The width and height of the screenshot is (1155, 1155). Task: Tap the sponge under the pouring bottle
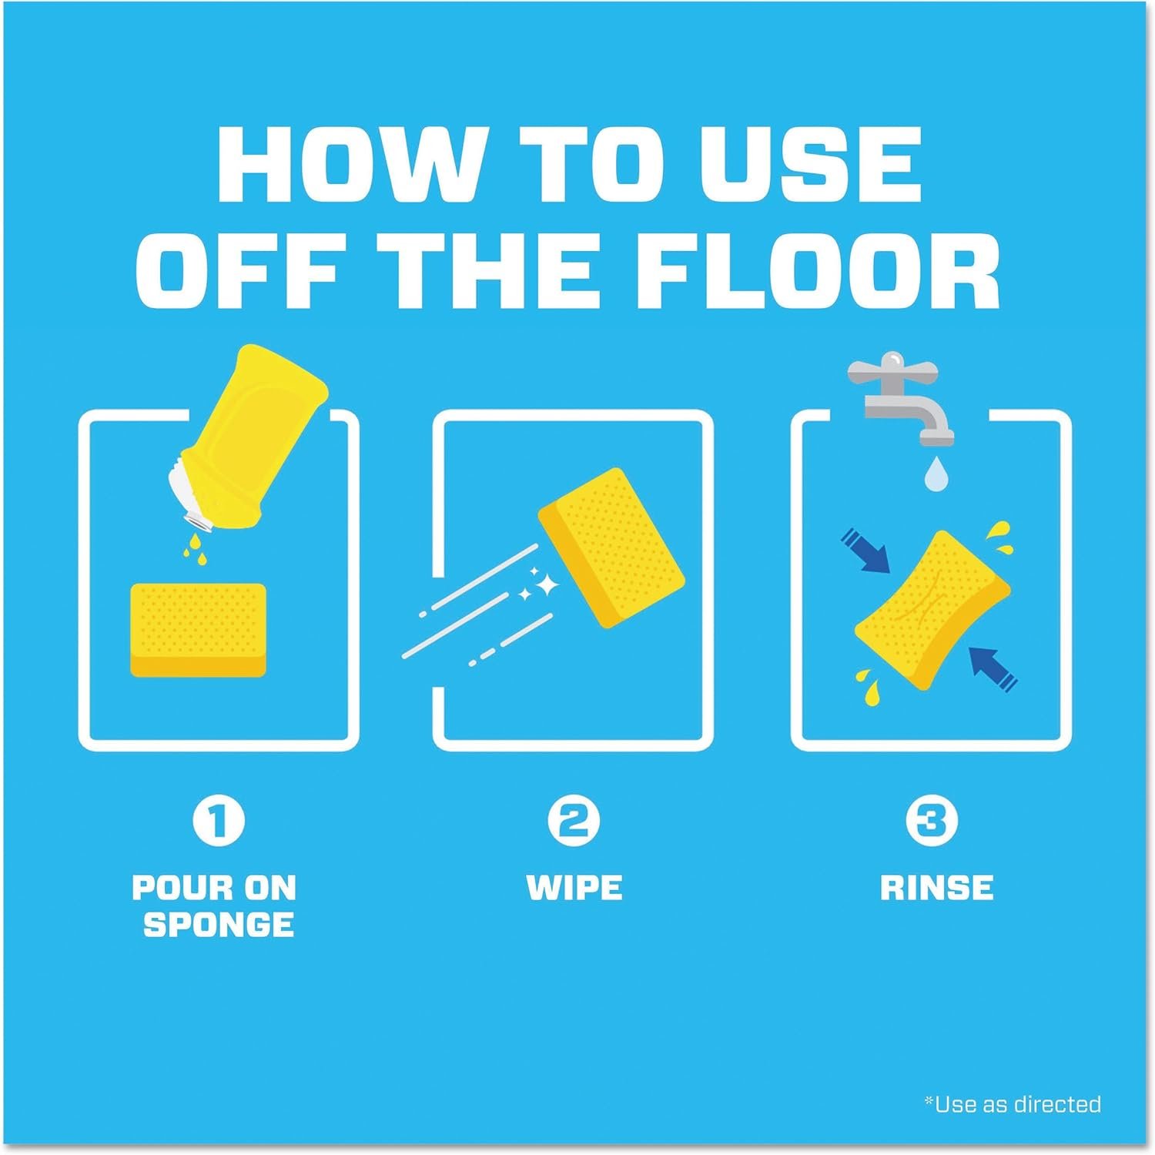[198, 630]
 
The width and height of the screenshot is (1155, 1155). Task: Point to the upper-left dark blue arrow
[864, 550]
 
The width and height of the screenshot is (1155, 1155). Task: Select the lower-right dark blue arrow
[993, 666]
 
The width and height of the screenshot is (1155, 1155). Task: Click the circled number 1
[218, 822]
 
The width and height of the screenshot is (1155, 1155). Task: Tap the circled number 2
[574, 822]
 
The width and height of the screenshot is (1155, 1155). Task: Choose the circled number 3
[932, 822]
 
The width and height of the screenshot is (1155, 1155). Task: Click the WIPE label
[574, 888]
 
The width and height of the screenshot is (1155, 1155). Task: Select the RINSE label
[936, 888]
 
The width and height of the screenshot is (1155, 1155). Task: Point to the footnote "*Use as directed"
[1013, 1103]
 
